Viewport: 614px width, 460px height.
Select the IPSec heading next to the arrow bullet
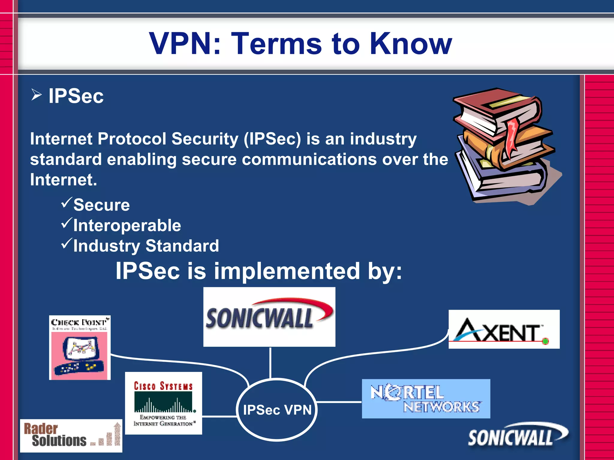[x=76, y=96]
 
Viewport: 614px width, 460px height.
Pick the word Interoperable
[x=127, y=226]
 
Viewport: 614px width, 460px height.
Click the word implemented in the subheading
[x=287, y=271]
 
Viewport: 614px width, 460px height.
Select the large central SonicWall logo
[x=269, y=317]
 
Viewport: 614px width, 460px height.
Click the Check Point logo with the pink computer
[x=80, y=347]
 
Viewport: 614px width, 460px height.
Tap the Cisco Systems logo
[x=163, y=403]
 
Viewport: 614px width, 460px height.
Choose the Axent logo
[x=504, y=329]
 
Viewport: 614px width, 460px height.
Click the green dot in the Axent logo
[x=545, y=341]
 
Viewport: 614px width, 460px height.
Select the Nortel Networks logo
[x=426, y=399]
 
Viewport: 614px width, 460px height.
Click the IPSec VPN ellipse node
[x=277, y=410]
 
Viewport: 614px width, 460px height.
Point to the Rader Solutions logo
[x=71, y=436]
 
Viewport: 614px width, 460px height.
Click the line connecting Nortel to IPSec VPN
[x=339, y=402]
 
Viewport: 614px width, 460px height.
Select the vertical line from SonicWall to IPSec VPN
[x=270, y=362]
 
